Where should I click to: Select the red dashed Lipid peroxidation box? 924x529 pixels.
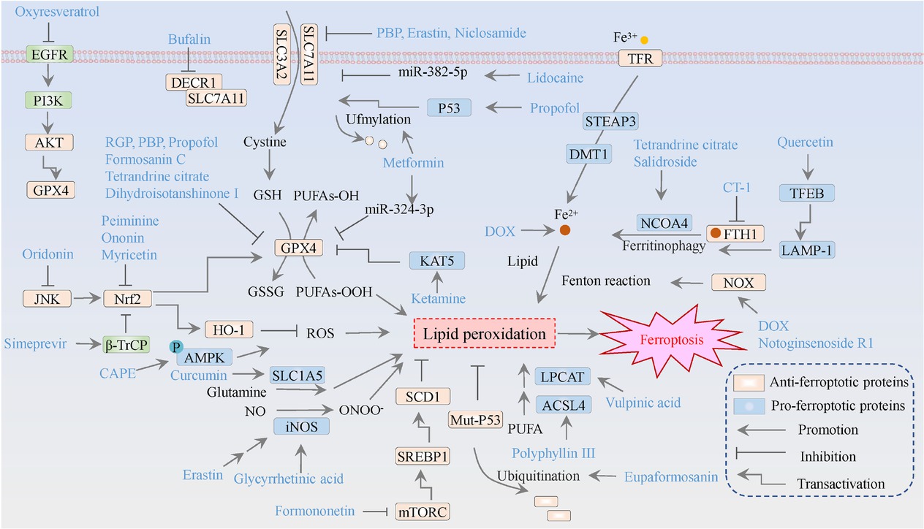click(x=483, y=335)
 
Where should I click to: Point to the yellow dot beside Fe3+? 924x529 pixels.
click(x=644, y=39)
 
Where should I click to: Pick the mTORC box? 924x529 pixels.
click(x=422, y=511)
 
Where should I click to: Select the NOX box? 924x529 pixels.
click(x=738, y=281)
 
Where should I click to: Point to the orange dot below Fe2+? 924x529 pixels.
click(x=564, y=231)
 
